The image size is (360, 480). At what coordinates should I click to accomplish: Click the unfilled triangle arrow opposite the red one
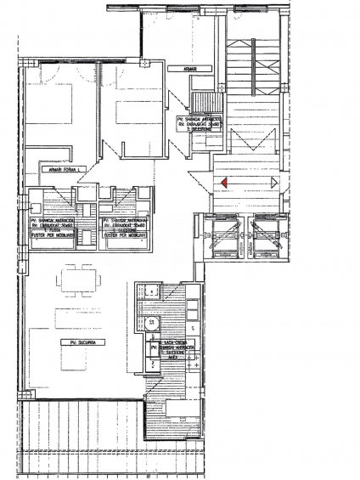coord(273,183)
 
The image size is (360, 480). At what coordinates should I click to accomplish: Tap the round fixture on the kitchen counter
coord(152,323)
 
